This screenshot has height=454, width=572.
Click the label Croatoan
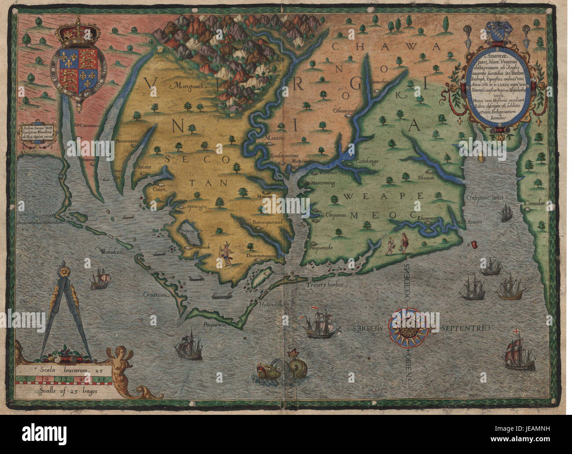(157, 296)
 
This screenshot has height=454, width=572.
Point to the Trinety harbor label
(325, 285)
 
